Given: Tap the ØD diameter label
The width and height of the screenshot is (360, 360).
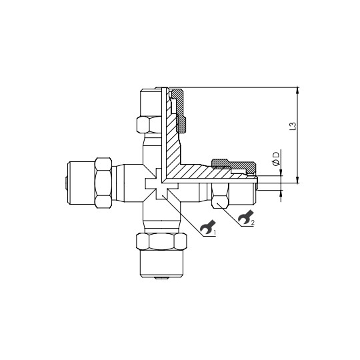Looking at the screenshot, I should [x=275, y=159].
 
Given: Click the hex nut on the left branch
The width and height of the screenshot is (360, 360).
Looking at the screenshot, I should [x=104, y=183].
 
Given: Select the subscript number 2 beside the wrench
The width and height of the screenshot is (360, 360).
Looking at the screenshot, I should [x=253, y=223].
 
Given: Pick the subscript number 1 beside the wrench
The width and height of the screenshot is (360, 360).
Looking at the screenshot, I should [x=214, y=231].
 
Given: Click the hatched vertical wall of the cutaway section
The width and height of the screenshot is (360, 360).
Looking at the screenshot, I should [x=172, y=143].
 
